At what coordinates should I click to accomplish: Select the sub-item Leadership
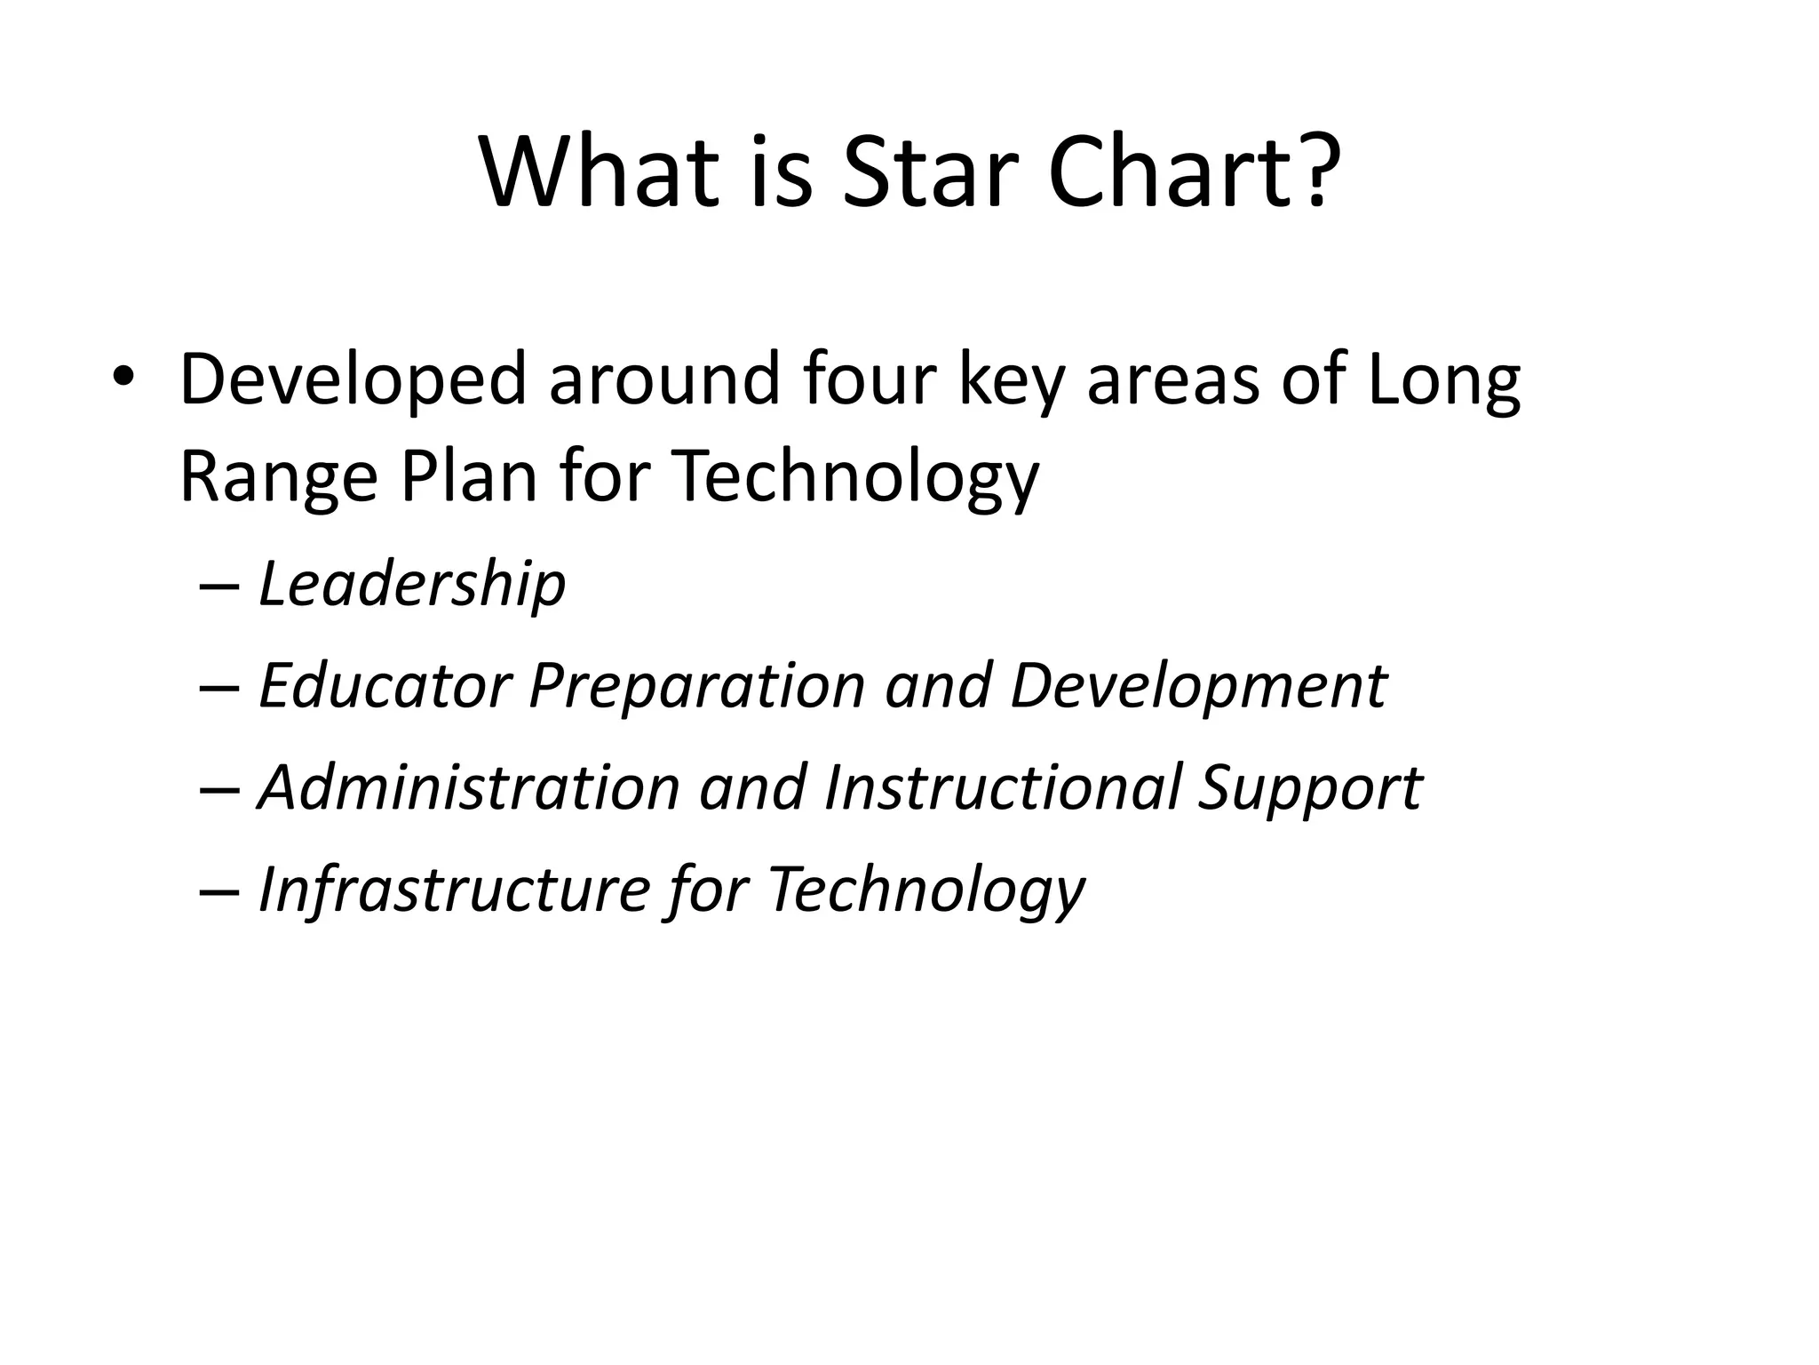pos(411,585)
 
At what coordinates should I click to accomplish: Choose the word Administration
pos(469,787)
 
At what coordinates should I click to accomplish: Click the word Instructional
pos(1003,787)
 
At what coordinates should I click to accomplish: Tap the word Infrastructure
pos(454,889)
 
